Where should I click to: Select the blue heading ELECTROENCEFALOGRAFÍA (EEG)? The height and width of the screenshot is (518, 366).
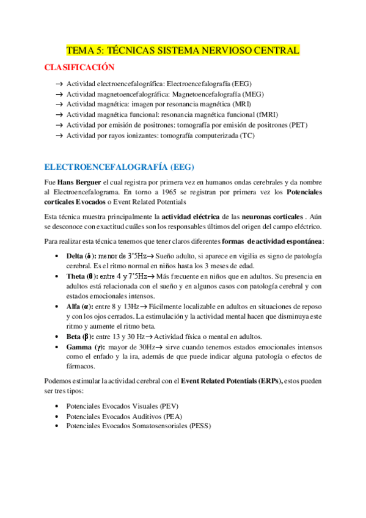click(x=120, y=167)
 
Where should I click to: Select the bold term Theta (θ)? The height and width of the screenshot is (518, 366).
click(x=81, y=276)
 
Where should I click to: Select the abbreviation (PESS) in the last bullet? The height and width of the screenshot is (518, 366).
click(x=200, y=426)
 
